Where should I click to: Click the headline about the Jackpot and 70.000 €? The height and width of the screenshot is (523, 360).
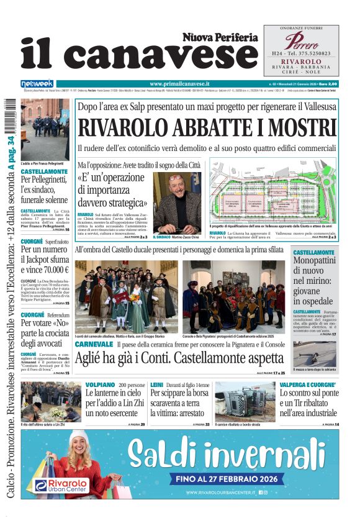point(45,260)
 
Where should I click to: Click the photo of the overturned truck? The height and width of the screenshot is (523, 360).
point(245,401)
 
